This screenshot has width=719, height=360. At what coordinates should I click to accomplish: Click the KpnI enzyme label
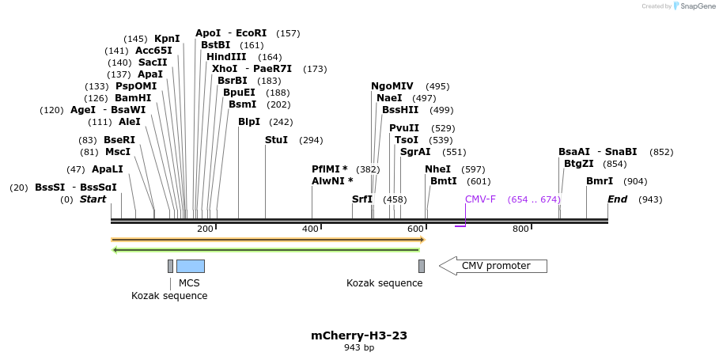pos(167,39)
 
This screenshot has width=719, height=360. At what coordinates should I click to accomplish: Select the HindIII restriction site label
pos(226,57)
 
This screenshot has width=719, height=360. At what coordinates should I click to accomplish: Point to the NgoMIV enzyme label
pos(392,86)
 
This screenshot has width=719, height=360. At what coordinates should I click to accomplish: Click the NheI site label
pos(437,169)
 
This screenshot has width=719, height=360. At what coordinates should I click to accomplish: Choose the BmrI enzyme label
pos(600,181)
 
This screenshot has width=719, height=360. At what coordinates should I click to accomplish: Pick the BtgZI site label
pos(578,164)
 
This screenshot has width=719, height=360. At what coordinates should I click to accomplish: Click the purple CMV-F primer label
pos(480,199)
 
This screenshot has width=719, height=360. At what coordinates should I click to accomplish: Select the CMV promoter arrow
pos(493,266)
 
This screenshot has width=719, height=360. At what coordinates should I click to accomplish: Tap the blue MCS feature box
pos(190,266)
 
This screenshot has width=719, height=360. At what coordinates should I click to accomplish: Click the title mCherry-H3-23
pos(359,335)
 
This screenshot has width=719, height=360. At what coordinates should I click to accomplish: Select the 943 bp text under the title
pos(359,348)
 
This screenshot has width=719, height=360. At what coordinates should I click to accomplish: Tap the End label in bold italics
pos(617,199)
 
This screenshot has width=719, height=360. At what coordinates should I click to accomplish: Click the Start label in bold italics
pos(93,199)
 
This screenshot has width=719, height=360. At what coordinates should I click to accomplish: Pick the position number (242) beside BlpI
pos(281,122)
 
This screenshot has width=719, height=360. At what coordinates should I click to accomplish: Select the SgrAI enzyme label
pos(415,152)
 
